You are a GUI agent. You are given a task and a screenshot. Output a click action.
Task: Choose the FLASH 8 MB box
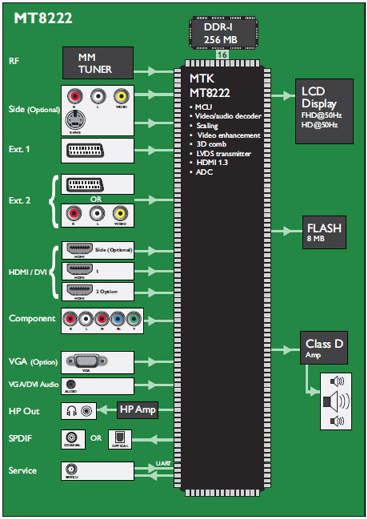[x=324, y=232]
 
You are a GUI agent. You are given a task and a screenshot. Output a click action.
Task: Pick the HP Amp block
[x=138, y=410]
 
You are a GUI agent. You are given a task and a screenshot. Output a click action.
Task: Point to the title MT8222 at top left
[x=43, y=19]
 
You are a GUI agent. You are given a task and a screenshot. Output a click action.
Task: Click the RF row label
[x=14, y=61]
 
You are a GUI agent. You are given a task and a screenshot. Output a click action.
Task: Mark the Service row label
[x=23, y=470]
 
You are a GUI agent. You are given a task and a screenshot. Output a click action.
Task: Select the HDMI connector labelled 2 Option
[x=79, y=291]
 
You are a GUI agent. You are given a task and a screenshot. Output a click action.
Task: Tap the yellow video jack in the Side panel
[x=122, y=95]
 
